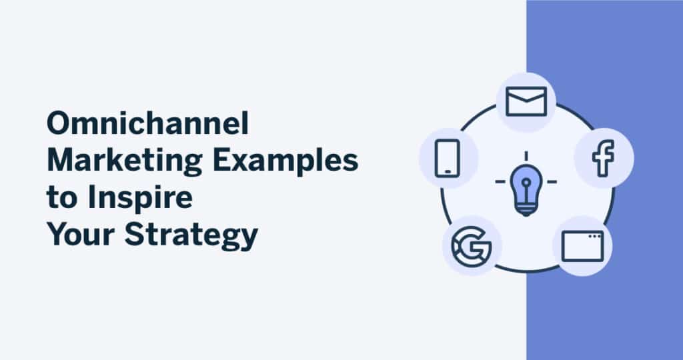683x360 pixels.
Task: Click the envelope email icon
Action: coord(526,101)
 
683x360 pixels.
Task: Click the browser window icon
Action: coord(582,245)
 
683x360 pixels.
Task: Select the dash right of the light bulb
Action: coord(552,181)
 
